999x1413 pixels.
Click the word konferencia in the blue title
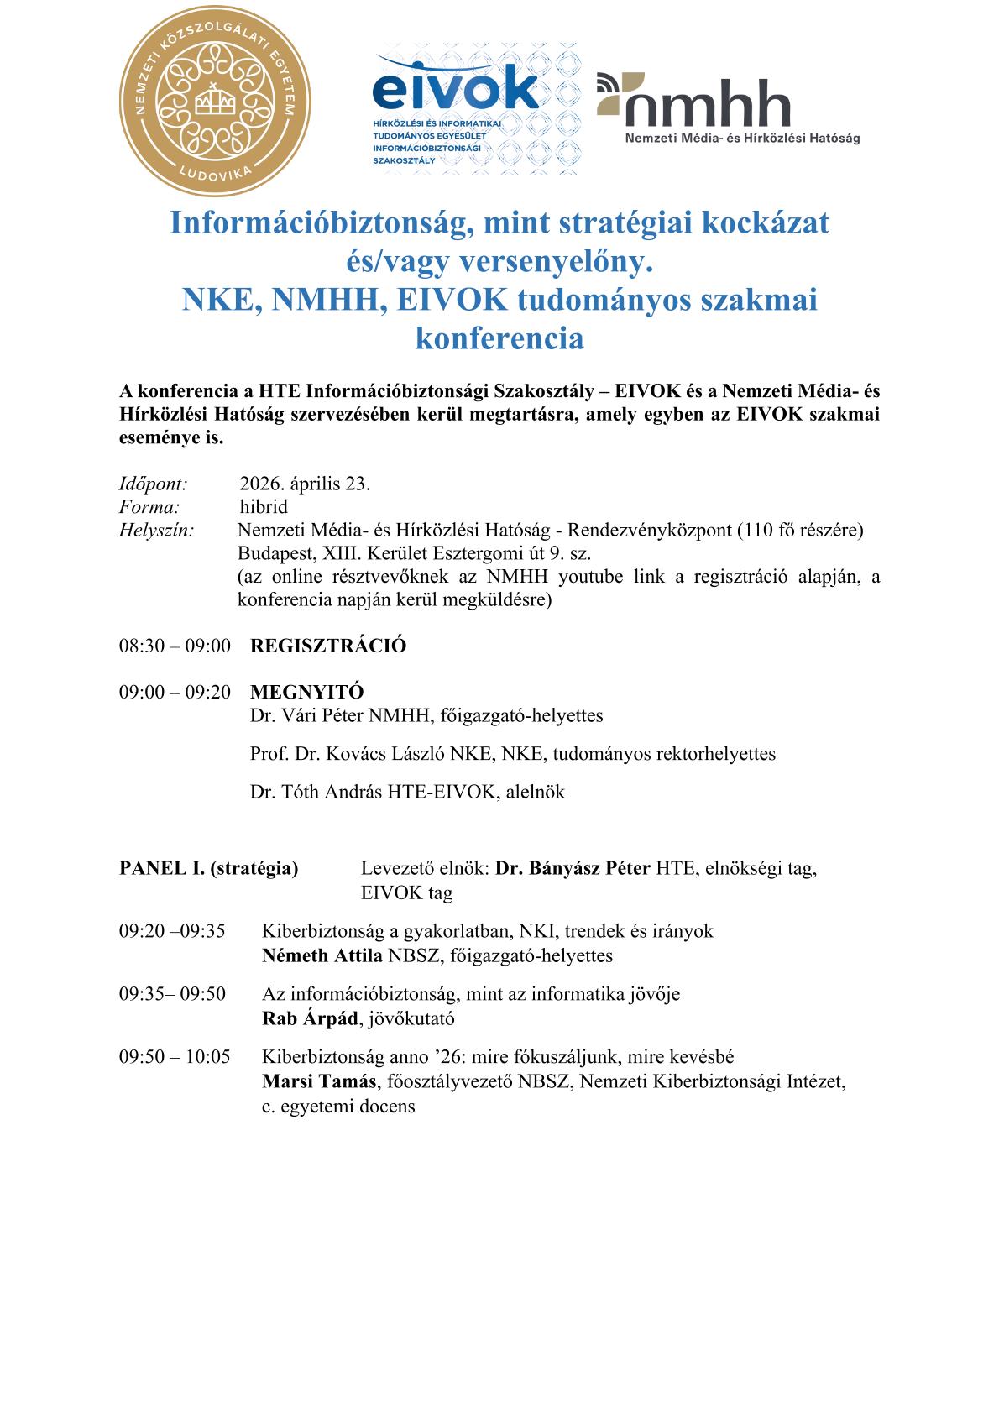pos(499,338)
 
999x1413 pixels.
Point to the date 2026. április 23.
pos(305,484)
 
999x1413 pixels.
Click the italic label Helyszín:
pos(157,531)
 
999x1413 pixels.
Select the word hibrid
pos(264,507)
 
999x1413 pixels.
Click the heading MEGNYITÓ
pos(307,693)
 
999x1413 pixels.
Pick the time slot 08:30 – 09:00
pos(175,646)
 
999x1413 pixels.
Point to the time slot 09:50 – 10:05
pos(175,1056)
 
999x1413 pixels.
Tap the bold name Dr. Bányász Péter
pos(573,868)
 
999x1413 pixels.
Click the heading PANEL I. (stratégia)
pos(209,868)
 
